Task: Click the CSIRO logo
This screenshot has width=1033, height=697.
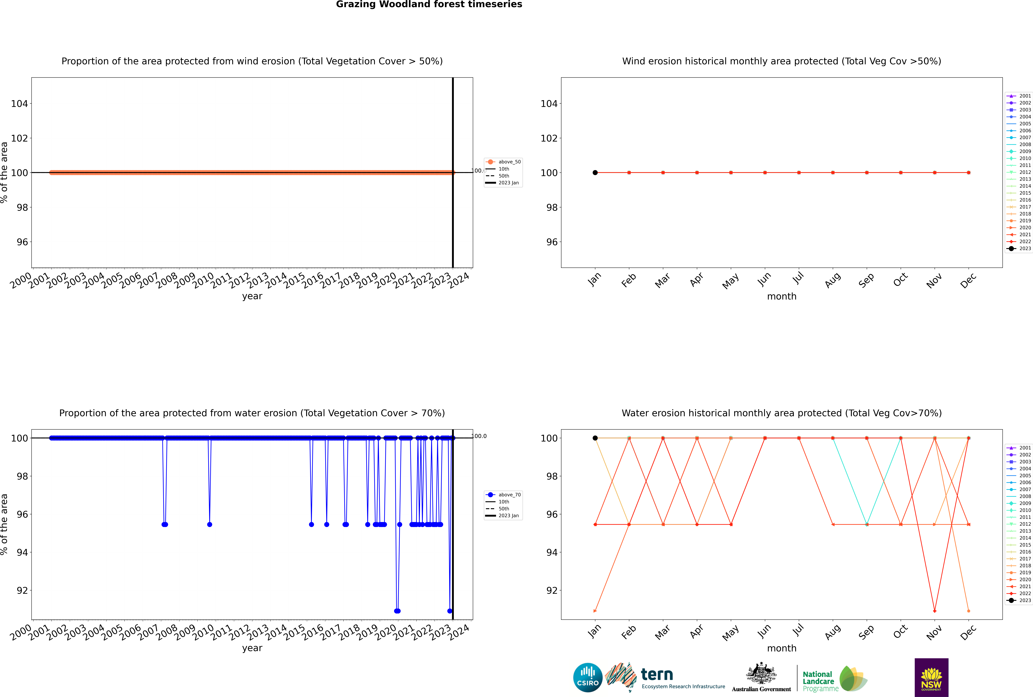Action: (588, 677)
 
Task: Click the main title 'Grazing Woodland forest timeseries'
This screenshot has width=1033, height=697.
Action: (429, 4)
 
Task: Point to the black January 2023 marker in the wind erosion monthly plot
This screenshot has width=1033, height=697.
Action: (595, 172)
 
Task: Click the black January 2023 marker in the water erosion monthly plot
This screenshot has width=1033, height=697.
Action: (595, 438)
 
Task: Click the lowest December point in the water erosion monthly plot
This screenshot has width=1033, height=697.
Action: (969, 611)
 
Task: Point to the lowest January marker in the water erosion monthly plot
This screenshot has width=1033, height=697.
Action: (595, 611)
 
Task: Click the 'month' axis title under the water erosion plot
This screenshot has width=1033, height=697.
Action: (782, 648)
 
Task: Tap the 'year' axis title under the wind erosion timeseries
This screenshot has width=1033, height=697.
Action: (252, 296)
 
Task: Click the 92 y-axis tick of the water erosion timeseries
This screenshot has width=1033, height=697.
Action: (22, 590)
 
